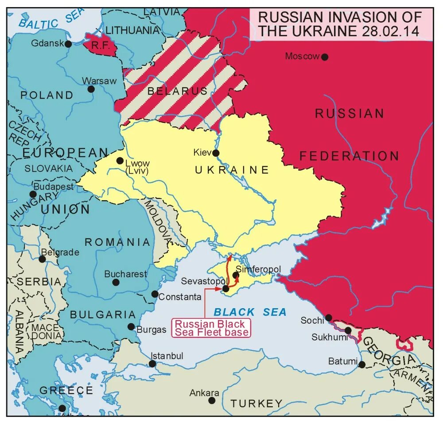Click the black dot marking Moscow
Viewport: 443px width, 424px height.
(325, 57)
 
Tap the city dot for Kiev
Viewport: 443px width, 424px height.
(216, 153)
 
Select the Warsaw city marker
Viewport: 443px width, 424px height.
(91, 89)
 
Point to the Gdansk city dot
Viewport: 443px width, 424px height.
(68, 44)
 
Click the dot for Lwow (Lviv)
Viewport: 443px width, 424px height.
(120, 161)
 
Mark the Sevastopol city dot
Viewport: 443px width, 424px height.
(225, 289)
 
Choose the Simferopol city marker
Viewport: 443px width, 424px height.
(236, 275)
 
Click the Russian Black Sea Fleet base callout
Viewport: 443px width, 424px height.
(210, 328)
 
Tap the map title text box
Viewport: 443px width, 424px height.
(340, 24)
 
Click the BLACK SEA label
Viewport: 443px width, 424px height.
(250, 312)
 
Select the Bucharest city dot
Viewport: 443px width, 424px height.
(116, 283)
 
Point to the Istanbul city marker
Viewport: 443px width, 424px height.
(152, 364)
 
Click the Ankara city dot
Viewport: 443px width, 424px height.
(212, 400)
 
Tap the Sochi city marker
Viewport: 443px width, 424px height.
(329, 317)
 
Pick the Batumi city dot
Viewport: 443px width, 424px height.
(362, 365)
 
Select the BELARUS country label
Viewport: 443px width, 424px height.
(177, 92)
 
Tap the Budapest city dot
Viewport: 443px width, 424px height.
(33, 194)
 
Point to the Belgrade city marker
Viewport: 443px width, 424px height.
(42, 259)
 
